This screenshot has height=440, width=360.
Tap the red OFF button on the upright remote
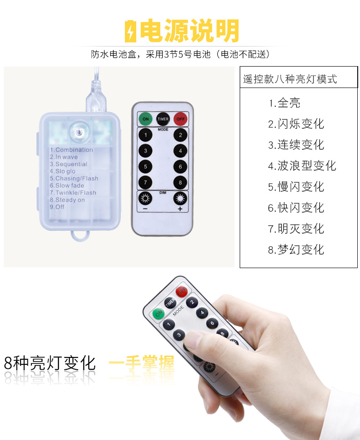(180, 119)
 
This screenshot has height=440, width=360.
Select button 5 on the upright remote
(146, 166)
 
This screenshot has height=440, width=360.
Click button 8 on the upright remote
(180, 183)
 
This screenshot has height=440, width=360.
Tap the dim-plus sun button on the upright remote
(180, 199)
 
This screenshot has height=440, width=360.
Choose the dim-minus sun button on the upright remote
(146, 199)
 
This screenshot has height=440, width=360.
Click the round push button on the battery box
(79, 131)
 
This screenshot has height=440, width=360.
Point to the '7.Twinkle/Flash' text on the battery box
(73, 192)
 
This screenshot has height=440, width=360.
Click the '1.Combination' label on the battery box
(71, 150)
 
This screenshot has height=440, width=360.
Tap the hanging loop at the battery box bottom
(79, 236)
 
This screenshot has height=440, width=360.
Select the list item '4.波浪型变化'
(302, 166)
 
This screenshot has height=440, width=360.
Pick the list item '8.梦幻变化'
(296, 249)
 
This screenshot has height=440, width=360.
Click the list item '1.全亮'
(284, 103)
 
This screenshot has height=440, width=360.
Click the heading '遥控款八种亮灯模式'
(290, 79)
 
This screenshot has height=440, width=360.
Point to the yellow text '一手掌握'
(141, 363)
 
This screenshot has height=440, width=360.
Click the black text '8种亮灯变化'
(50, 363)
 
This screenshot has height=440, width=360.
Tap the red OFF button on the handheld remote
(181, 291)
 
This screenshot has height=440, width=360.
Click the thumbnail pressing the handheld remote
(193, 340)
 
